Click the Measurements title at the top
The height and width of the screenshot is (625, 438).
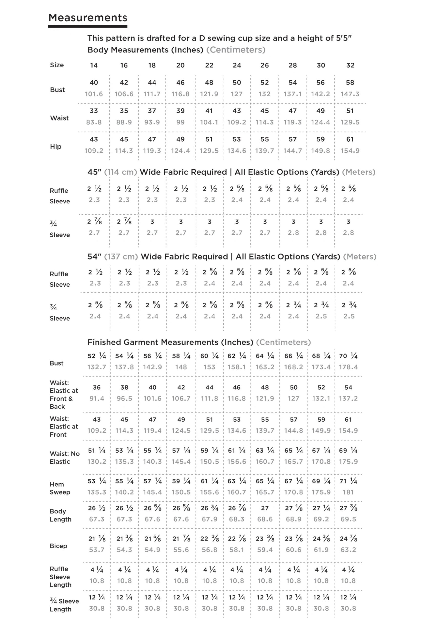coord(88,18)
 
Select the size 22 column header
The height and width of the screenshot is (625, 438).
coord(209,65)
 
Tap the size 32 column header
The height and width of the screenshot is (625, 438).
coord(350,65)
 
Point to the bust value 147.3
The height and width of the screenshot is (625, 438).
coord(350,94)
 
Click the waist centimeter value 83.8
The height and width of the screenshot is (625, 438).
coord(94,122)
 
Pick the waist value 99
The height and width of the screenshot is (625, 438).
coord(180,122)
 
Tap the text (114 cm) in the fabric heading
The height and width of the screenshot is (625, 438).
coord(120,172)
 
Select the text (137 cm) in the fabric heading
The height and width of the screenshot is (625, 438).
coord(121,257)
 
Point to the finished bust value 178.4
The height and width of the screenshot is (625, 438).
coord(348,367)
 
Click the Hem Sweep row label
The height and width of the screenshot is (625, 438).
coord(60,488)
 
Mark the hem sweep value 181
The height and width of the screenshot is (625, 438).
coord(348,492)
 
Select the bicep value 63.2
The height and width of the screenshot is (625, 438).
coord(348,550)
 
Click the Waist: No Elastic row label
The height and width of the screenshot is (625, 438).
coord(64,458)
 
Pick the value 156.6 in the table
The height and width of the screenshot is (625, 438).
coord(237,462)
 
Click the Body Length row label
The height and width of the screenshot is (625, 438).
coord(60,515)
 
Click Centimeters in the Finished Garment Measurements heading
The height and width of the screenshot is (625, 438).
coord(283,342)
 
